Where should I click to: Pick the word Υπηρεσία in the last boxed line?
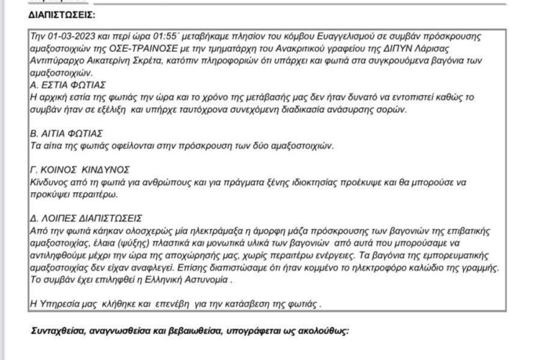click(x=61, y=300)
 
